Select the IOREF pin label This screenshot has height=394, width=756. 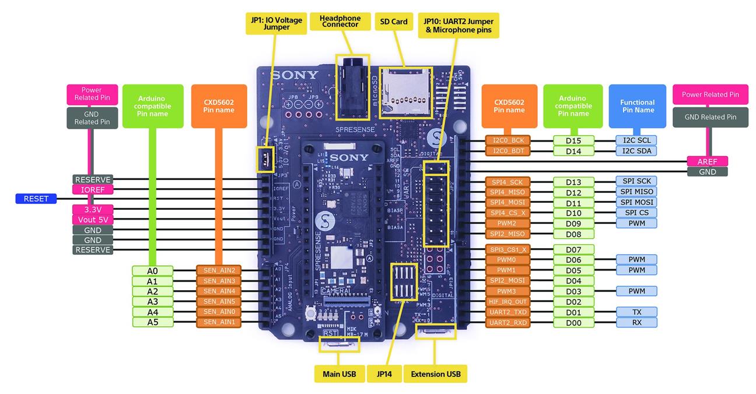(92, 189)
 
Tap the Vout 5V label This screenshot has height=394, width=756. (92, 220)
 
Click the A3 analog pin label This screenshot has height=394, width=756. (152, 301)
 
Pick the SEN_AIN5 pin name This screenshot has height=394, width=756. (219, 301)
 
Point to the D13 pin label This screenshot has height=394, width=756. (573, 182)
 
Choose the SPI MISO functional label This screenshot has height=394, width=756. (636, 192)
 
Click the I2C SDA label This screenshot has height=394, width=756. (636, 151)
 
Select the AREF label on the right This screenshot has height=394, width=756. (706, 161)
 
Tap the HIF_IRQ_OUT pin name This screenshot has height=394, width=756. (508, 301)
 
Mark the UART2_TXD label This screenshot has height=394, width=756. (508, 312)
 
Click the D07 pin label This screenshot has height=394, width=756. (573, 249)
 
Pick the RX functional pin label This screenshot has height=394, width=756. (636, 322)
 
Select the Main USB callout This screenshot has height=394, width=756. (339, 374)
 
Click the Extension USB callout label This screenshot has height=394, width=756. (435, 374)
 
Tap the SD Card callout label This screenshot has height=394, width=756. (394, 22)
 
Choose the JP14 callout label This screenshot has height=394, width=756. (385, 374)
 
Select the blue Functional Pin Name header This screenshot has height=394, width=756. (637, 106)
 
